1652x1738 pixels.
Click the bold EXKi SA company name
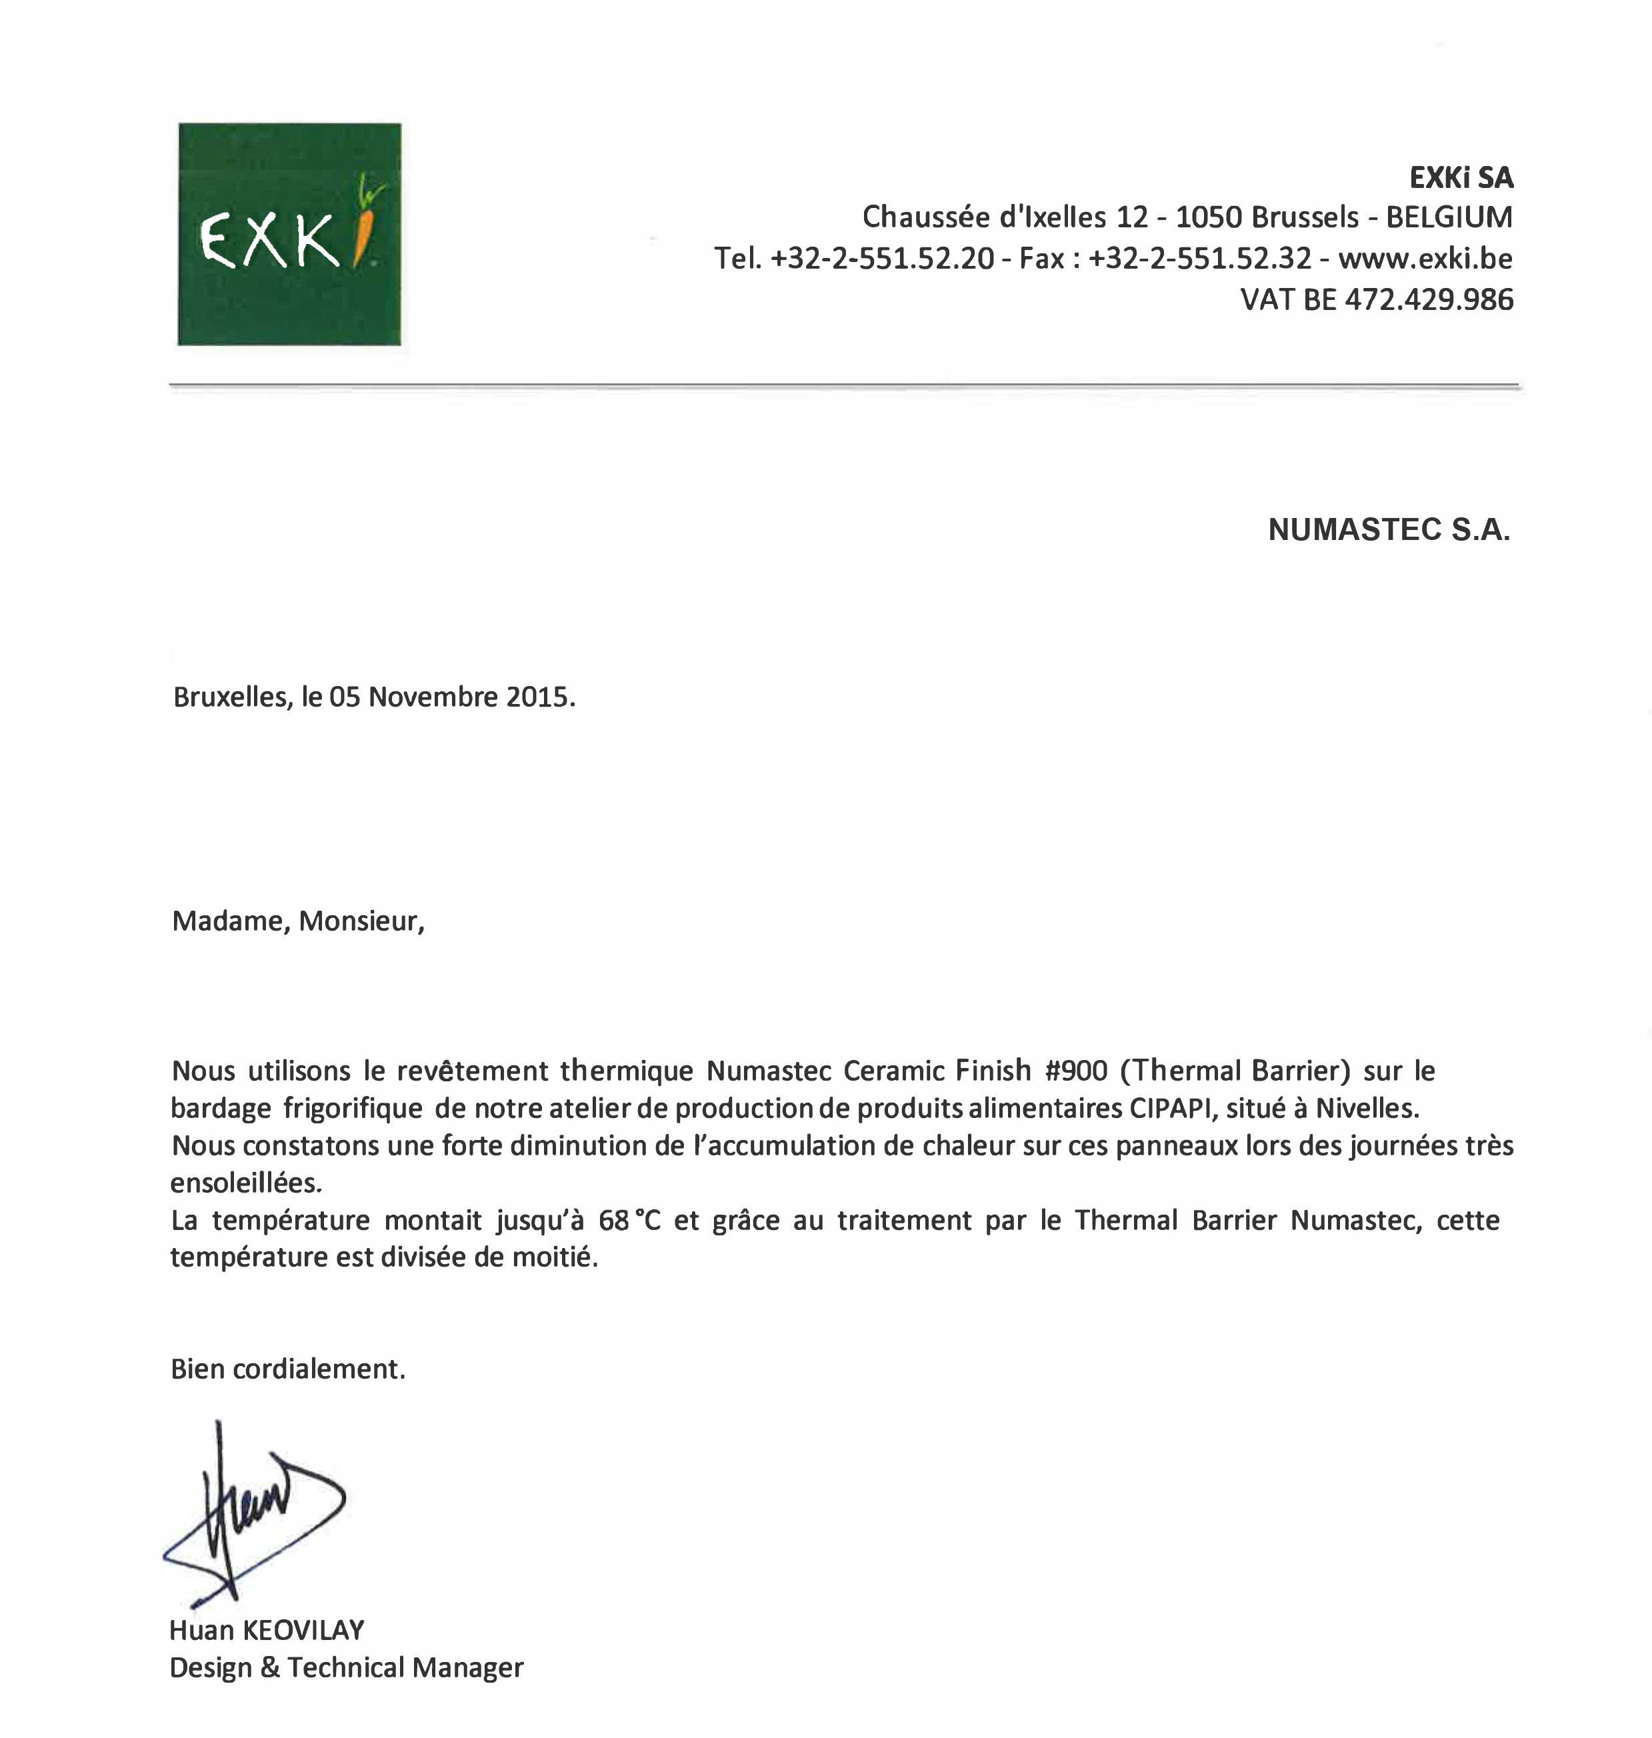[1461, 179]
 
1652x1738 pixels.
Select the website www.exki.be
[1425, 259]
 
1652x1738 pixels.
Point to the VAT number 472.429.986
[1428, 300]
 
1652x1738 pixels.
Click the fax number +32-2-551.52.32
[1199, 259]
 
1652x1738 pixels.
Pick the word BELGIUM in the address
[1449, 217]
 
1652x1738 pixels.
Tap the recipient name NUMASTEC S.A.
[1389, 530]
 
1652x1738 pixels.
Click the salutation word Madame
[229, 921]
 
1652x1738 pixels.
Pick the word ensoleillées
[246, 1183]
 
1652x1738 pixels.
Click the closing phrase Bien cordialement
[288, 1369]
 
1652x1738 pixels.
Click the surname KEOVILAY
[303, 1631]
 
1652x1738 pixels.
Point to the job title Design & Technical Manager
[346, 1667]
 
